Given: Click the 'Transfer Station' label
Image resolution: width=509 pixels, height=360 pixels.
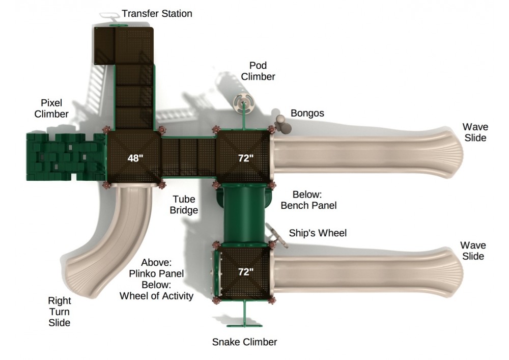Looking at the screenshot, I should [157, 14].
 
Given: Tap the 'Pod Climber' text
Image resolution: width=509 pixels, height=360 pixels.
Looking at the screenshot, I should [258, 71].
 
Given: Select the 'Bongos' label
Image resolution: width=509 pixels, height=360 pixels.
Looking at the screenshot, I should [307, 113].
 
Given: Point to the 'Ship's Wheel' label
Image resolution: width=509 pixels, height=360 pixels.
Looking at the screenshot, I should [318, 233].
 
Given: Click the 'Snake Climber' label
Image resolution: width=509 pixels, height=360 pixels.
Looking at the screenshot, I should [244, 342].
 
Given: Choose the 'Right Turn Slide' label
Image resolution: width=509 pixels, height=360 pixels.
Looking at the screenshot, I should [59, 312].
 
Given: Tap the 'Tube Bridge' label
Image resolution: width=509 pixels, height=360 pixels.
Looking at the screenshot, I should [184, 204].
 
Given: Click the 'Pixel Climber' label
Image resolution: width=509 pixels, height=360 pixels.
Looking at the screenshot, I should [51, 108].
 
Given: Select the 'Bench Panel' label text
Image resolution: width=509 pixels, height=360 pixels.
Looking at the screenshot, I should [308, 206].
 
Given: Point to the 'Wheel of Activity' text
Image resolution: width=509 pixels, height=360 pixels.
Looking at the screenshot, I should [156, 295].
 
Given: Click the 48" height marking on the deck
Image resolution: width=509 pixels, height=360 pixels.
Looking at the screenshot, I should [135, 158].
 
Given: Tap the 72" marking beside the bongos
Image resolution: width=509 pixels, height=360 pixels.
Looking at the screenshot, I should [245, 158].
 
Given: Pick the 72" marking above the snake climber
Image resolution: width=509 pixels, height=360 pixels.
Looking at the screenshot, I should [245, 272].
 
